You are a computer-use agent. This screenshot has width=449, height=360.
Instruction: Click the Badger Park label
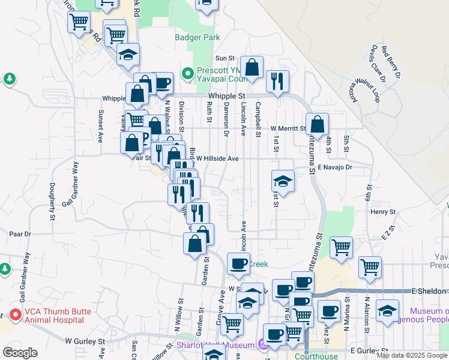tap(197, 37)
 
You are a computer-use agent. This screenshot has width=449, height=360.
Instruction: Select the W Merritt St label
tap(288, 128)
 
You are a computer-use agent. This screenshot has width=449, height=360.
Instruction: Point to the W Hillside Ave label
tap(218, 158)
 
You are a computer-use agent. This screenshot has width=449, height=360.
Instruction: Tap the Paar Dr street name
tap(20, 233)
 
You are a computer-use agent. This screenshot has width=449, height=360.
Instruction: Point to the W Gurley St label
tap(85, 341)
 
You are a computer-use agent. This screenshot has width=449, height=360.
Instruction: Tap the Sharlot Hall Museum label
tap(215, 345)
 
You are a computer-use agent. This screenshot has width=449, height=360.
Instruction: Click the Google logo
tap(20, 352)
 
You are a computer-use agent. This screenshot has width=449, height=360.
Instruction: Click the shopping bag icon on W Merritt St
tap(317, 125)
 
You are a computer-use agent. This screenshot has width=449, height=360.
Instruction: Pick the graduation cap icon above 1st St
tap(283, 181)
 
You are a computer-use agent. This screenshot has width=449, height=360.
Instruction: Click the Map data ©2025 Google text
tap(411, 355)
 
